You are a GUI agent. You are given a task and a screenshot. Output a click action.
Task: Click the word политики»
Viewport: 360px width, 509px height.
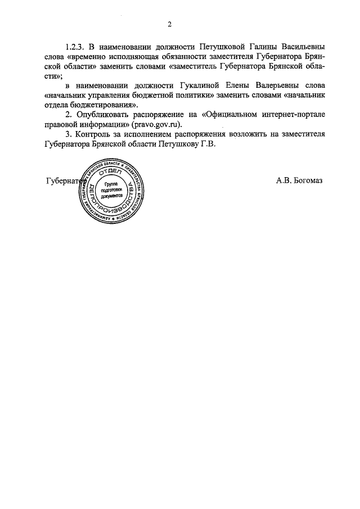(182, 95)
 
